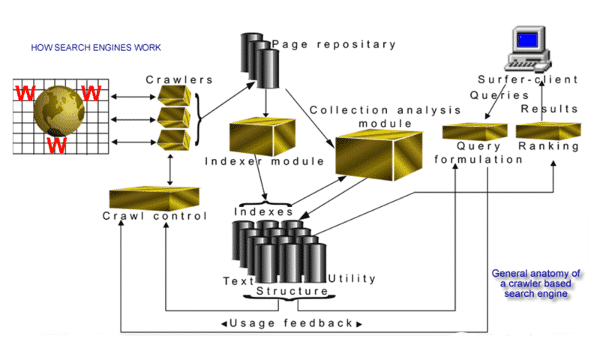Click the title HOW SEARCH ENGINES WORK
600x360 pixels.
click(95, 48)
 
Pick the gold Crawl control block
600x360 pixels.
click(154, 198)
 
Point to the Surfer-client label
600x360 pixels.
click(529, 79)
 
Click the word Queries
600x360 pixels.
click(495, 95)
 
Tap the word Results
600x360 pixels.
click(550, 109)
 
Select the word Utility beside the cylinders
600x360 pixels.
click(352, 279)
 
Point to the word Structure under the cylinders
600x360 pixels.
click(292, 290)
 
